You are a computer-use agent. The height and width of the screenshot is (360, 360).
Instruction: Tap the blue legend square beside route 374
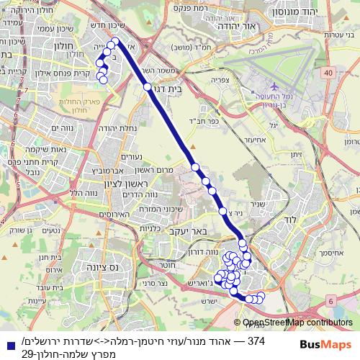coord(9,345)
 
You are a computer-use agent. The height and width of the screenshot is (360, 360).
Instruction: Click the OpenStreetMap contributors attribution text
coord(297,323)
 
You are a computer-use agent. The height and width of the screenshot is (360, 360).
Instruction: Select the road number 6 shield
coord(330,300)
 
